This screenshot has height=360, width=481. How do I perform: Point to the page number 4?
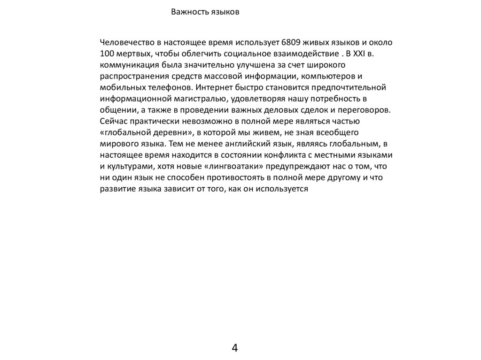235,348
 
